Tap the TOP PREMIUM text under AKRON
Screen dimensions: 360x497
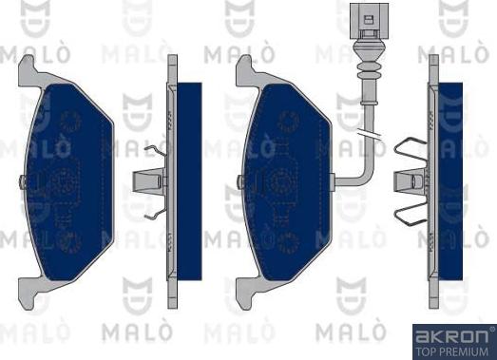[452, 350]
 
